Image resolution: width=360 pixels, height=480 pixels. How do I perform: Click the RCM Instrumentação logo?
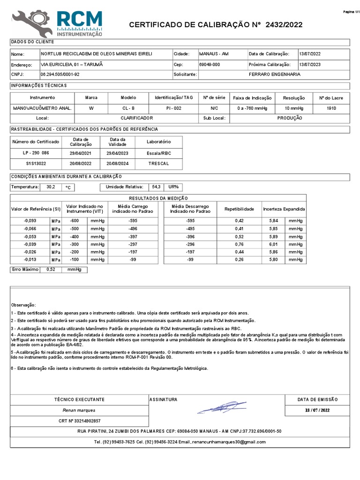point(57,23)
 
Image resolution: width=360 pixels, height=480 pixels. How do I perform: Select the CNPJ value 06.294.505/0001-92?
point(60,75)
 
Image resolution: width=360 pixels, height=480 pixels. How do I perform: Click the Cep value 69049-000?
point(210,65)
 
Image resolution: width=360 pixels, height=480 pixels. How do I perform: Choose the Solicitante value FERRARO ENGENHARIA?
point(275,75)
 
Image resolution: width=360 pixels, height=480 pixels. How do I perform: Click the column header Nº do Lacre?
point(331,98)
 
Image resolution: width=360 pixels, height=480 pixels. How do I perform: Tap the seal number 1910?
point(331,108)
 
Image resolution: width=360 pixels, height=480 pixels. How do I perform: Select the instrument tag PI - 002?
point(173,108)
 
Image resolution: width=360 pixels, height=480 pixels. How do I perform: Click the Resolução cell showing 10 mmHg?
point(294,108)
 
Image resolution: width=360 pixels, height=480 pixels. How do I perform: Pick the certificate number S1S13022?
point(36,164)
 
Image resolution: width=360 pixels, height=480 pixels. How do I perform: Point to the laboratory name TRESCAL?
point(158,164)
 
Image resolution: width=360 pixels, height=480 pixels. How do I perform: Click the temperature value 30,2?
point(51,187)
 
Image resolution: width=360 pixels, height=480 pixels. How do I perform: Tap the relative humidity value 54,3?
point(156,187)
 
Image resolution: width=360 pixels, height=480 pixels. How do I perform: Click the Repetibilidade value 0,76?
point(239,244)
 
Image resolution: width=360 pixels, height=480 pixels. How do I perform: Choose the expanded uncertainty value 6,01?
point(273,244)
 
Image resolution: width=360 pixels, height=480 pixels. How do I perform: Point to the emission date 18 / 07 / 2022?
point(317,410)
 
